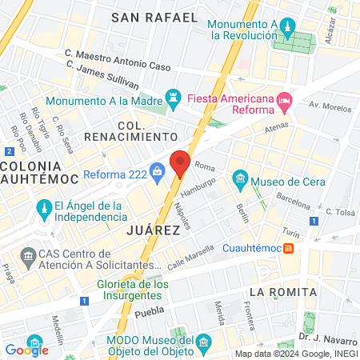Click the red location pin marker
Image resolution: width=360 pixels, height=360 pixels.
181,163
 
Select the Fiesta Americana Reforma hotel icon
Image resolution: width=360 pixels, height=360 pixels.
284,99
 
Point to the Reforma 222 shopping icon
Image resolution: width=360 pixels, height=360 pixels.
157,169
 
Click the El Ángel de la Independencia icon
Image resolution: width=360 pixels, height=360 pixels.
45,212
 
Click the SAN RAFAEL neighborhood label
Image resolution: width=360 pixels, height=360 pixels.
165,17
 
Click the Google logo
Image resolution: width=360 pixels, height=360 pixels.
26,350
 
